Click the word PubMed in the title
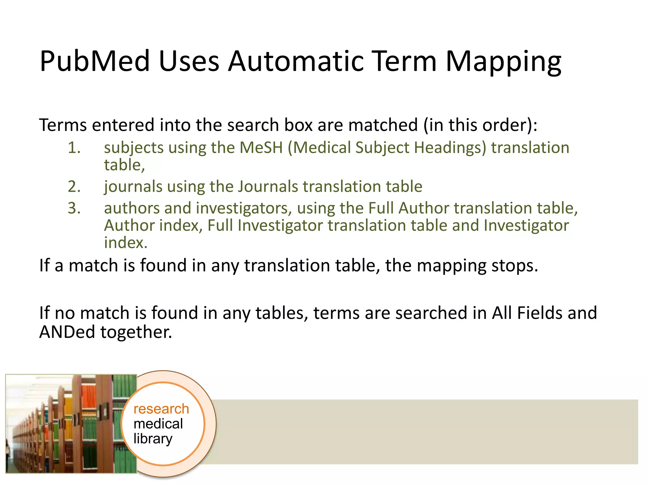94,62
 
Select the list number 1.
74,148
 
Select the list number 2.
74,186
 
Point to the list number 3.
74,208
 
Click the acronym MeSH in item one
261,148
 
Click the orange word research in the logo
161,409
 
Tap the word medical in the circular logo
158,424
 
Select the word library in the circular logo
153,439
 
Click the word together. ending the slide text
136,332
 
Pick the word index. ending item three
126,243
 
